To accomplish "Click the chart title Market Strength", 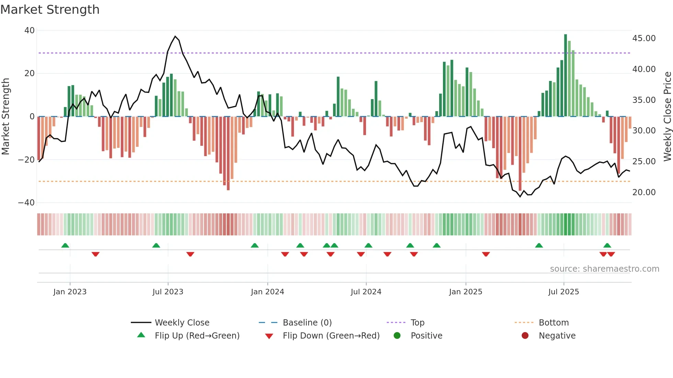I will (x=50, y=10).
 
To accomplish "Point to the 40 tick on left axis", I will (x=30, y=31).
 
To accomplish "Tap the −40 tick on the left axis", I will (x=27, y=203).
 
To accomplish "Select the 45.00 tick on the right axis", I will (x=644, y=38).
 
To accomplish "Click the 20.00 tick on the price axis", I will (x=644, y=192).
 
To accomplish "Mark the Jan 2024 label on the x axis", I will (x=267, y=292).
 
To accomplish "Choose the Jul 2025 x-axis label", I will (x=563, y=292).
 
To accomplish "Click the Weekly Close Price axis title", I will (x=667, y=116).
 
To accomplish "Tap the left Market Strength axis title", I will (x=5, y=116).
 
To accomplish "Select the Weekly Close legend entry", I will (x=182, y=323).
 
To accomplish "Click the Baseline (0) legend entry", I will (x=307, y=323).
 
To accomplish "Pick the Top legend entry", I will (x=418, y=323).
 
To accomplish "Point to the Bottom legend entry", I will (x=554, y=323).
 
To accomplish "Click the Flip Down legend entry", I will (x=331, y=336).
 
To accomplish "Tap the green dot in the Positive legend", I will (x=397, y=336).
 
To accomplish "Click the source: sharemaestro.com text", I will (x=604, y=269).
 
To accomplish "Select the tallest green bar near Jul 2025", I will (x=566, y=75).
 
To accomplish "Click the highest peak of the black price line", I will (x=175, y=36).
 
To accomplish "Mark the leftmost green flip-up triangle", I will (x=65, y=245).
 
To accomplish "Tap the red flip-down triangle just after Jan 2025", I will (x=486, y=254).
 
